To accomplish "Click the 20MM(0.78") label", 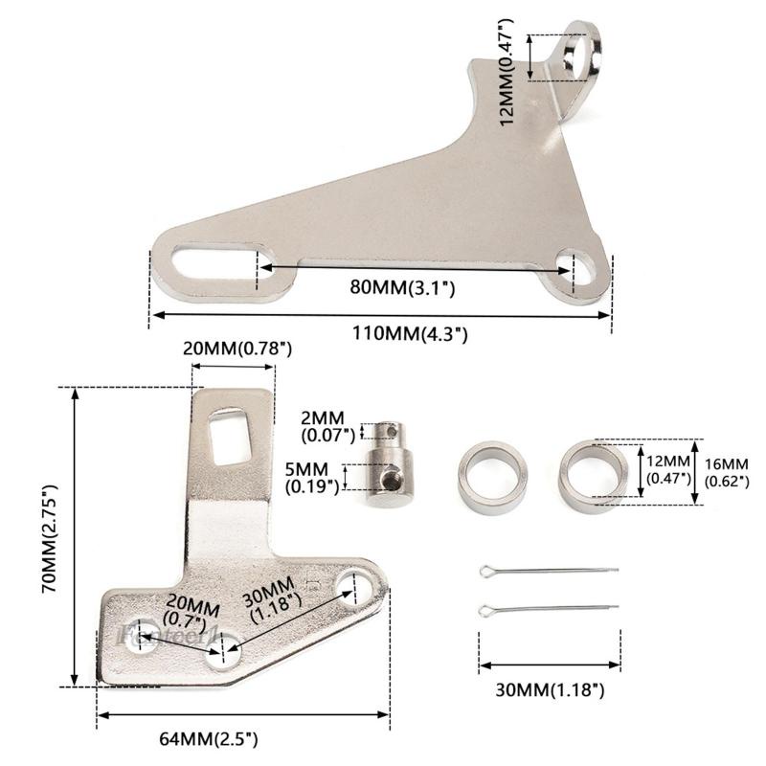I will coord(237,349).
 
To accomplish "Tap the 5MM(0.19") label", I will coord(313,477).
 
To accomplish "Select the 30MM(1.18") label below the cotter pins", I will coord(549,688).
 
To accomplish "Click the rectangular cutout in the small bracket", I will coord(230,435).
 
